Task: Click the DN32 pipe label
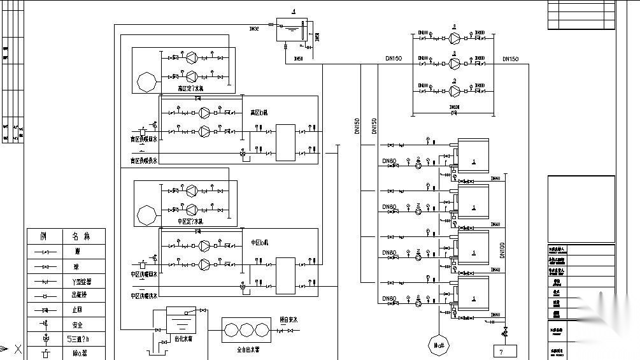(x=254, y=29)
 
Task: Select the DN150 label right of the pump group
(x=510, y=59)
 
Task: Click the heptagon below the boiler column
(x=439, y=345)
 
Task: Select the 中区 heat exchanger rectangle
(x=285, y=275)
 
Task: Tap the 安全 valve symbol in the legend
(x=44, y=324)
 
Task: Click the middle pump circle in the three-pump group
(x=455, y=63)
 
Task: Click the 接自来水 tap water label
(x=290, y=320)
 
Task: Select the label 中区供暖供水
(x=144, y=296)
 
